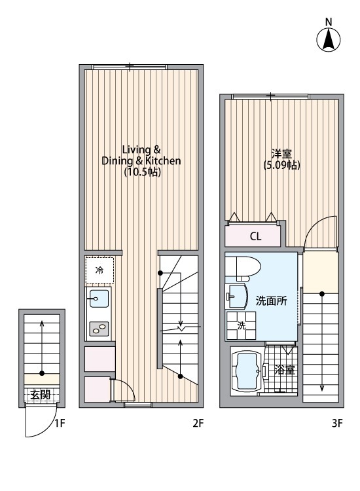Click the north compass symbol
pyautogui.click(x=329, y=41)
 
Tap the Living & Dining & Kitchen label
pyautogui.click(x=141, y=160)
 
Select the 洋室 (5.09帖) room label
pyautogui.click(x=281, y=160)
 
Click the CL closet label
pyautogui.click(x=255, y=236)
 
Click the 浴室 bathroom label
pyautogui.click(x=283, y=369)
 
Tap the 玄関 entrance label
pyautogui.click(x=41, y=395)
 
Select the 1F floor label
pyautogui.click(x=60, y=423)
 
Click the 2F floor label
pyautogui.click(x=198, y=423)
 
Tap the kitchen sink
pyautogui.click(x=98, y=299)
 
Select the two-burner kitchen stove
pyautogui.click(x=99, y=329)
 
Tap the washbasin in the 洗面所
pyautogui.click(x=236, y=296)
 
